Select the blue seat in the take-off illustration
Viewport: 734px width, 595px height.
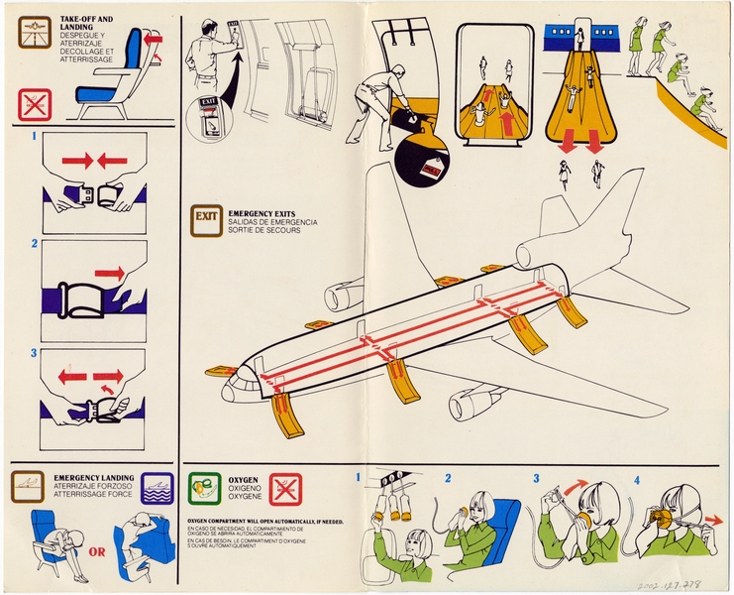[x=102, y=94]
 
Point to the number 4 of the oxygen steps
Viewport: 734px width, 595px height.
[x=638, y=479]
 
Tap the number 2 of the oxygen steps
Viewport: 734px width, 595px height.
[x=448, y=478]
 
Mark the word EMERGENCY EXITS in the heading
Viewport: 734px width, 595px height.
[x=259, y=213]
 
